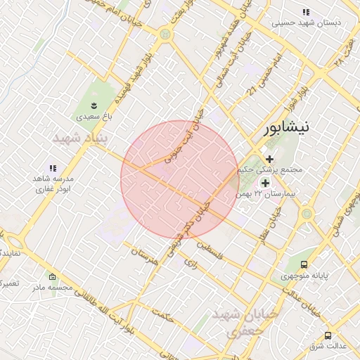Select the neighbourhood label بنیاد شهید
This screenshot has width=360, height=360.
pyautogui.click(x=82, y=138)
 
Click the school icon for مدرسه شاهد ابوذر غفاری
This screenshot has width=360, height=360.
pyautogui.click(x=53, y=168)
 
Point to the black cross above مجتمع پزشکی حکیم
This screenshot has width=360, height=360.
pyautogui.click(x=269, y=159)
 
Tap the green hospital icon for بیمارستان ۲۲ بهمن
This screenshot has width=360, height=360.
pyautogui.click(x=265, y=183)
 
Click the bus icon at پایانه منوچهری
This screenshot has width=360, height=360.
pyautogui.click(x=304, y=264)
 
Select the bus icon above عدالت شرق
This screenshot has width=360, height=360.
pyautogui.click(x=328, y=335)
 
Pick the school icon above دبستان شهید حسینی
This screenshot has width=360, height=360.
pyautogui.click(x=306, y=12)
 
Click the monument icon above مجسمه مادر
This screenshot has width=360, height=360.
pyautogui.click(x=52, y=276)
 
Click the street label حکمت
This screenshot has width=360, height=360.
pyautogui.click(x=163, y=316)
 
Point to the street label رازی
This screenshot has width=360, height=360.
pyautogui.click(x=192, y=263)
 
